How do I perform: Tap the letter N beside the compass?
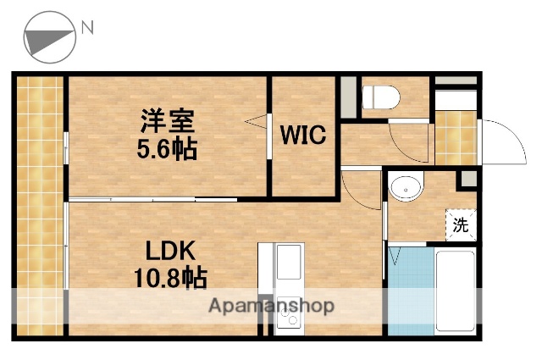click(x=87, y=29)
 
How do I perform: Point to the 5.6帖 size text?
click(x=168, y=150)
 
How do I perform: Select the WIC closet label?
click(x=304, y=136)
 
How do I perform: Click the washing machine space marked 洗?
click(x=460, y=225)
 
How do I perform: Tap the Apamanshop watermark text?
click(x=271, y=306)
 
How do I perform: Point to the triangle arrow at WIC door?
click(x=255, y=124)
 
